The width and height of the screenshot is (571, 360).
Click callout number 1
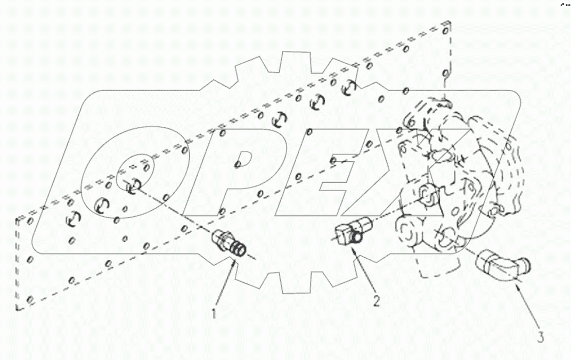click(214, 313)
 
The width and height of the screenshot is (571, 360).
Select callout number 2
click(377, 301)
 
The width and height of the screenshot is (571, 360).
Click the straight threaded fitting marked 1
click(231, 244)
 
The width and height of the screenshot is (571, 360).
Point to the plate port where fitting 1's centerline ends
click(133, 185)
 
